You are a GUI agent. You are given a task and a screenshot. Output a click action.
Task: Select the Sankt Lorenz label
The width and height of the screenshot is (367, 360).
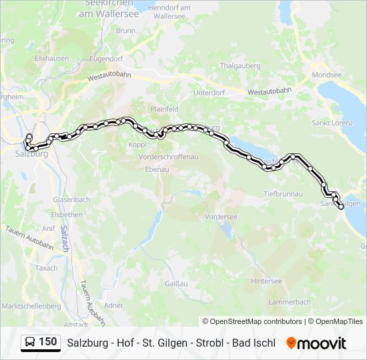(x=331, y=123)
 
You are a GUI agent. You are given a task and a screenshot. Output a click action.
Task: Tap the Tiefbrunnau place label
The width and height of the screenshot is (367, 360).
(x=283, y=195)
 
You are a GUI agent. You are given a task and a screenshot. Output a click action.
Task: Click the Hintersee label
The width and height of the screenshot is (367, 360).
(x=266, y=281)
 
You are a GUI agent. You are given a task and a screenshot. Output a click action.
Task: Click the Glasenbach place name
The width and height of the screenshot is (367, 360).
(x=71, y=199)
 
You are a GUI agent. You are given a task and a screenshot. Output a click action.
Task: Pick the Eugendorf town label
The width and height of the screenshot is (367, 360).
(x=107, y=59)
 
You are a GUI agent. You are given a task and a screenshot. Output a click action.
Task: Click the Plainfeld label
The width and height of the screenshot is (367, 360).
(x=164, y=108)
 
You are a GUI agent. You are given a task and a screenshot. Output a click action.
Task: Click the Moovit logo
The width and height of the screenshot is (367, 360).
(x=316, y=343)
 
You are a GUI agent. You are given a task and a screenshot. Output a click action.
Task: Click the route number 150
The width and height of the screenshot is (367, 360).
(x=48, y=342)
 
